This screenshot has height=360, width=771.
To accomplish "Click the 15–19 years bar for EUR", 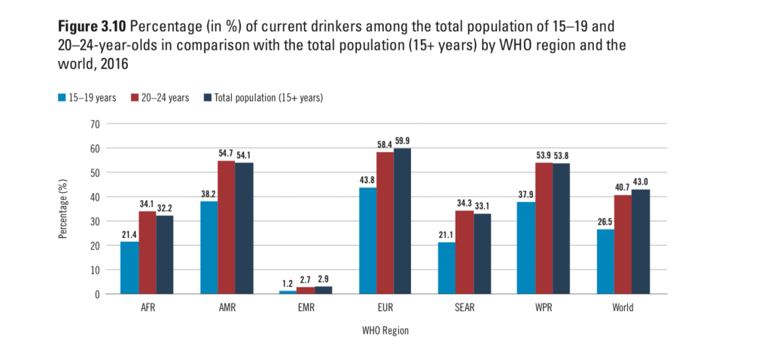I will tap(368, 240).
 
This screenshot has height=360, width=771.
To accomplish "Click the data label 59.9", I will tap(403, 141).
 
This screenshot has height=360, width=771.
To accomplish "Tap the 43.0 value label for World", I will tap(641, 182).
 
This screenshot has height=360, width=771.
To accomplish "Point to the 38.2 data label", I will tap(209, 194).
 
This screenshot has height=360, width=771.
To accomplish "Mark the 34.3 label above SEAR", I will tap(465, 203).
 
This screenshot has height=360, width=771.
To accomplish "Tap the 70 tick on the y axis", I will tap(96, 124).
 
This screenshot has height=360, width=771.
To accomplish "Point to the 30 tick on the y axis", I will tap(96, 221).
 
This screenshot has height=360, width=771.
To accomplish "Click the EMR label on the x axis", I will tap(306, 307).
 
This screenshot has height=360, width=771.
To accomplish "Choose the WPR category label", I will tap(544, 307).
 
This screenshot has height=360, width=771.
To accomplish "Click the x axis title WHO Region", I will tap(385, 330).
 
